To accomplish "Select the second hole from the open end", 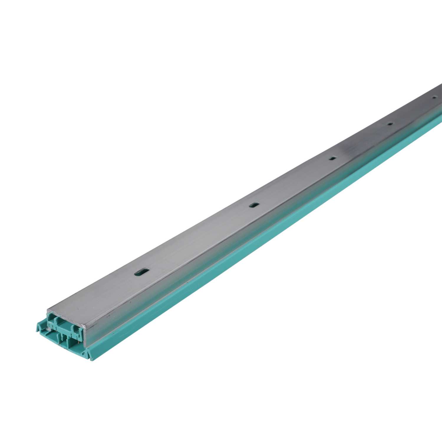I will pos(253,205).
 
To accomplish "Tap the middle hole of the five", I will pos(332,158).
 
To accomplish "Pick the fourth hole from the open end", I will pos(390,124).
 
